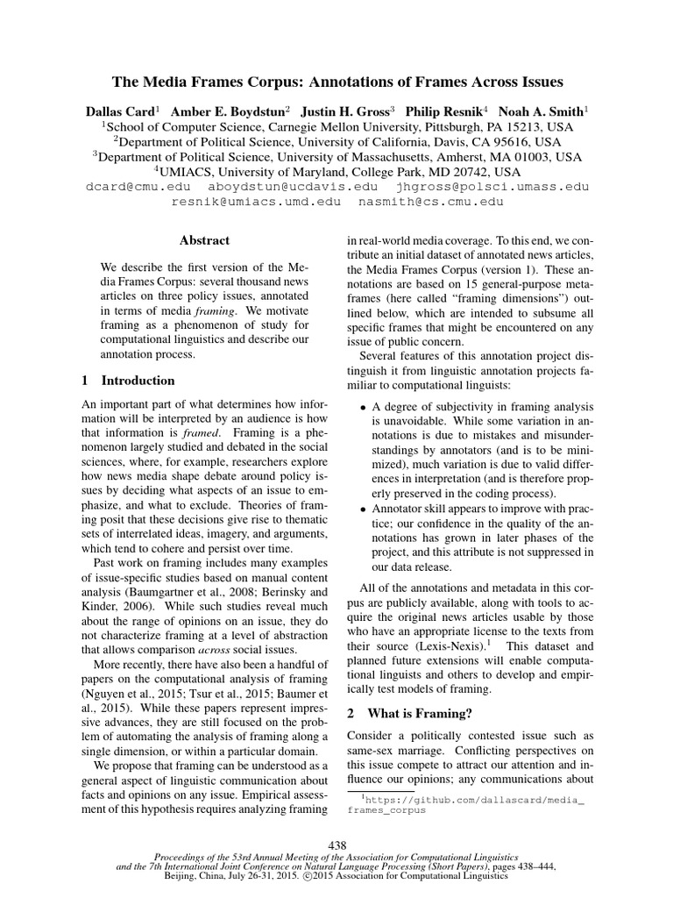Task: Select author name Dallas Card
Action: (x=119, y=111)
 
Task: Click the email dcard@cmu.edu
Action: (x=137, y=187)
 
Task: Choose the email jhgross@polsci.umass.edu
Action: (x=492, y=187)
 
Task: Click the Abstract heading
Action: (x=204, y=240)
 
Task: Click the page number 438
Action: (x=336, y=843)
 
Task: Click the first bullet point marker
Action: (x=365, y=407)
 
